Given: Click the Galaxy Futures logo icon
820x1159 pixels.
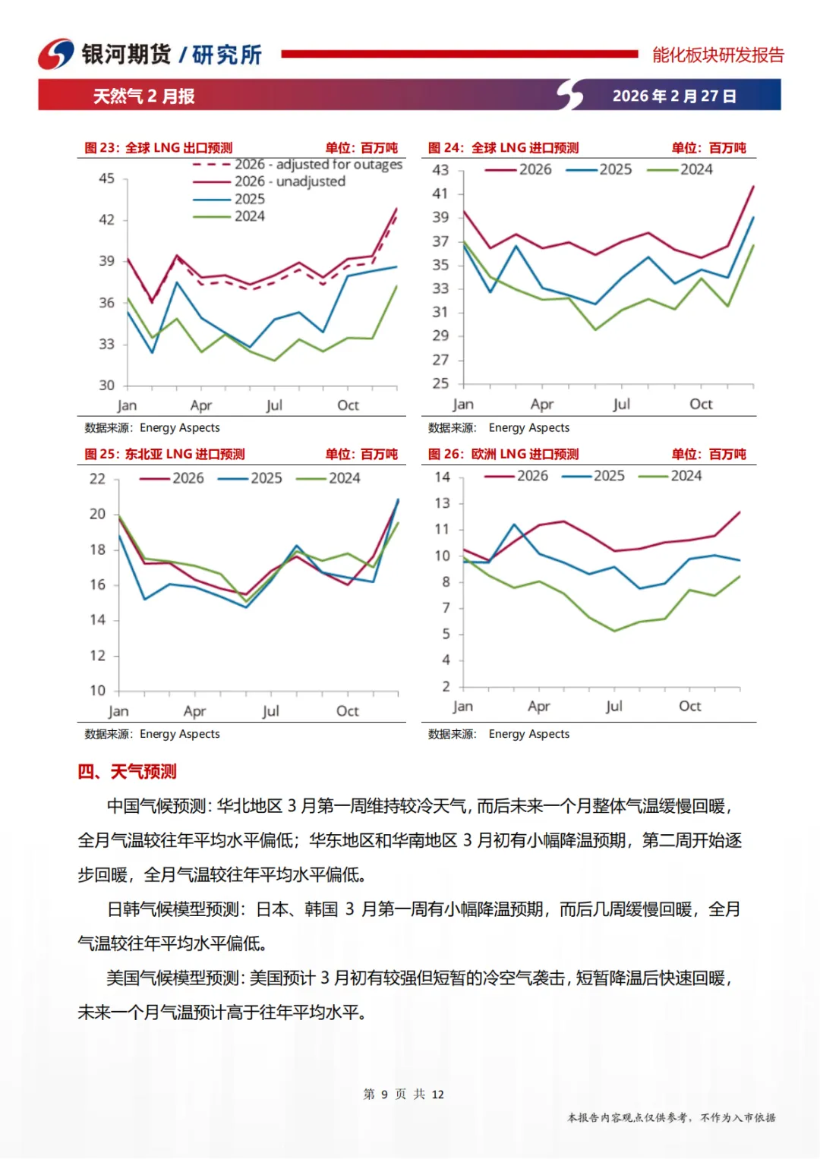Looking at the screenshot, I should pos(56,54).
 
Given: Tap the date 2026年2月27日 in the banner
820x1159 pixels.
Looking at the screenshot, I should pos(674,96).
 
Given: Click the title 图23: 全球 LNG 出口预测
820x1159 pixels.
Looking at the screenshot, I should pos(158,148).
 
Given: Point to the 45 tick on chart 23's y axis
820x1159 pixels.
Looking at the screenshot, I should pos(106,178).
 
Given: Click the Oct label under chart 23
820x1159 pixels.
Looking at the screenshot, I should pos(348,405).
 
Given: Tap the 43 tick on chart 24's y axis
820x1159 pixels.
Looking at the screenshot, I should pos(440,170).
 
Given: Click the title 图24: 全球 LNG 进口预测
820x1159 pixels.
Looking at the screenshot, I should pos(503,148).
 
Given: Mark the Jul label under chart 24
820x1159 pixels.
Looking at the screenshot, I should pos(621,405).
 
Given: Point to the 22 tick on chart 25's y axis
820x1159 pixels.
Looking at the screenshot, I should pos(97,479).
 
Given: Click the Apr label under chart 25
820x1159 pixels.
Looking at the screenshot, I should pos(194,711).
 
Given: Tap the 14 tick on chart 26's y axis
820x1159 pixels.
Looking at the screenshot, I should pos(442,477).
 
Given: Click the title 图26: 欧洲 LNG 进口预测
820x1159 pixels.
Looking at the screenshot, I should pos(503,455).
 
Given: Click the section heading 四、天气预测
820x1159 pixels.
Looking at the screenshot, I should pos(127,772).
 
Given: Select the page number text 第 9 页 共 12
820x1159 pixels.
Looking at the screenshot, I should pos(403,1094).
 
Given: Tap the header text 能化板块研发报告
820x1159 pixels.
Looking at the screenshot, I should pos(717,55).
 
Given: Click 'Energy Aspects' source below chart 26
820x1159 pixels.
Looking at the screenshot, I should pos(528,734).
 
